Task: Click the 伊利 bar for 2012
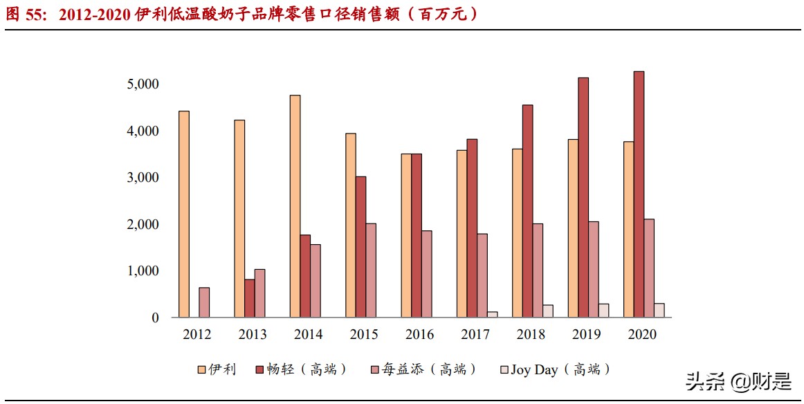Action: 184,214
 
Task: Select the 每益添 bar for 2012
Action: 204,302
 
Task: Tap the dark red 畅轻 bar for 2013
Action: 249,298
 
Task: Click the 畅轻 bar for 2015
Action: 361,247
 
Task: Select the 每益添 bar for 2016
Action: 427,274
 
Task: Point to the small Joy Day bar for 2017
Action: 493,315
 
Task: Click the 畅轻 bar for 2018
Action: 528,211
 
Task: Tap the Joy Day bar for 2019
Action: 604,311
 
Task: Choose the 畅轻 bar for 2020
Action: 639,194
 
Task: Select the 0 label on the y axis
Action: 156,318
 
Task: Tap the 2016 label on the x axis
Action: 420,335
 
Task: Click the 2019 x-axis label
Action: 587,335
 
